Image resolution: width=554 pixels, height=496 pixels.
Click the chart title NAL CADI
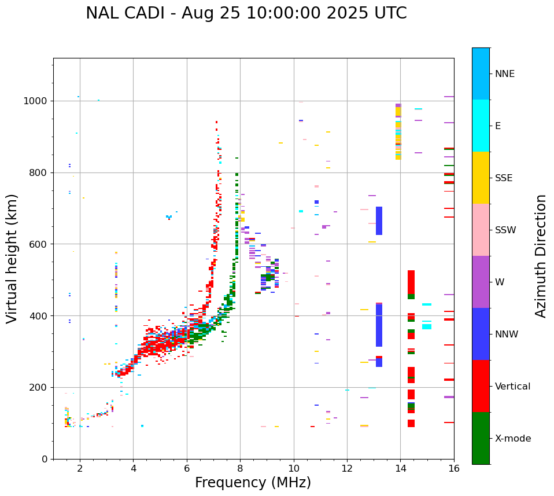point(246,13)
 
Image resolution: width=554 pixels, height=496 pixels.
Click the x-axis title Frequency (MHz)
point(253,483)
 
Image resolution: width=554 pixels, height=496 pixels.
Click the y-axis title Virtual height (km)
point(12,258)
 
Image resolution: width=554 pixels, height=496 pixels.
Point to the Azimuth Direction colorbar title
point(541,256)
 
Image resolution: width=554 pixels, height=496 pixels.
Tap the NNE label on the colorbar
point(504,74)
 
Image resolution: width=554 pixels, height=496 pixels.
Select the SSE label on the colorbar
point(503,178)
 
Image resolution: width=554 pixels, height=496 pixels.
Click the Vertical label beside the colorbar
point(512,387)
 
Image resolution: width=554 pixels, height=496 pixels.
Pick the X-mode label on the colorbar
point(512,439)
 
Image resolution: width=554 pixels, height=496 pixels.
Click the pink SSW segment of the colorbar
point(481,230)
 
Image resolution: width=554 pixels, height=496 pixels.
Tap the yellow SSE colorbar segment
point(481,178)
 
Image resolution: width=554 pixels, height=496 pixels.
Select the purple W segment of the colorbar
point(481,282)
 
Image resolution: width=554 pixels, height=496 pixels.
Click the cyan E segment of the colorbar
point(481,126)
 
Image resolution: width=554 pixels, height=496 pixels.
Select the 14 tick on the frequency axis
point(400,468)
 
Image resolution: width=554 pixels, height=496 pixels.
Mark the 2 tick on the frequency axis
point(80,468)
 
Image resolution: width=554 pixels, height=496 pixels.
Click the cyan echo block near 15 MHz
point(426,327)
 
